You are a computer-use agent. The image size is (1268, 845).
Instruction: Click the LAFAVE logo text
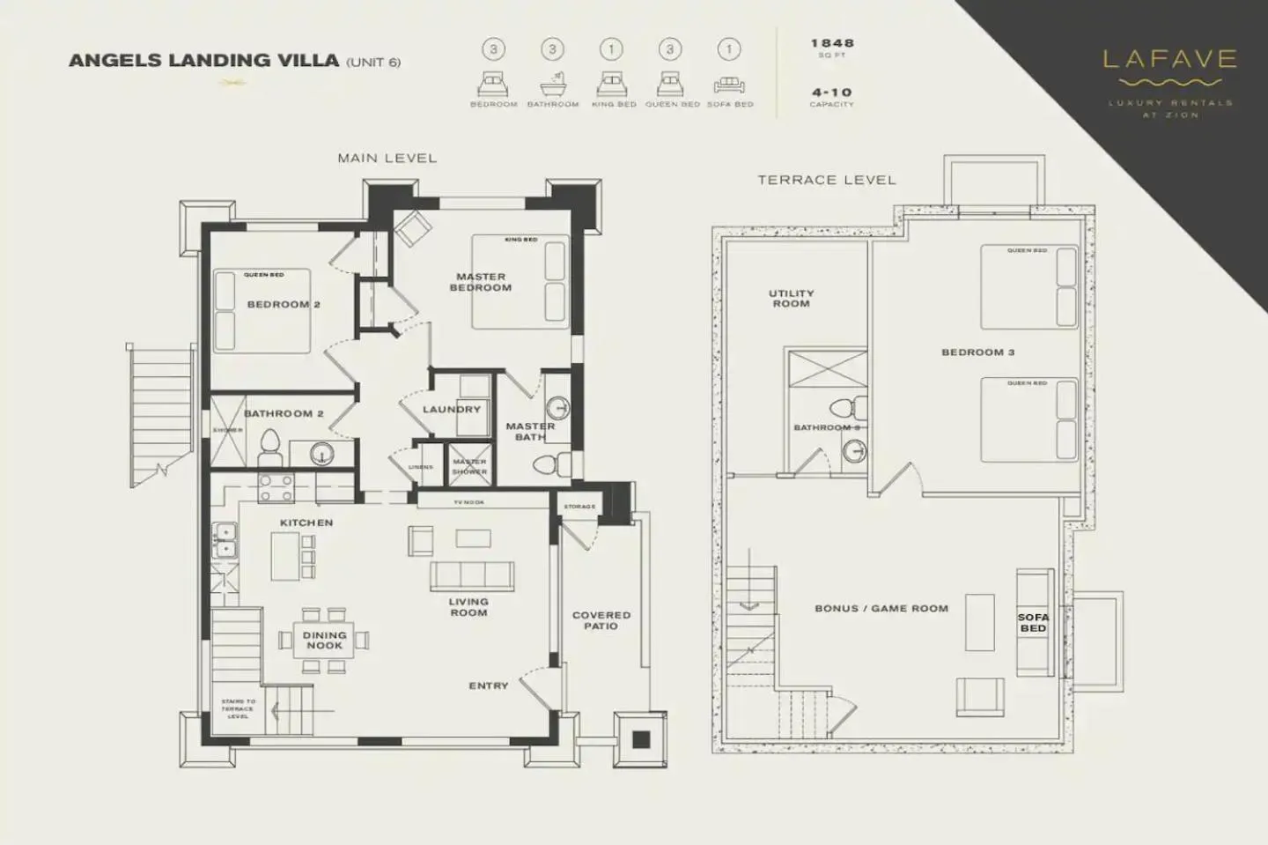pos(1169,60)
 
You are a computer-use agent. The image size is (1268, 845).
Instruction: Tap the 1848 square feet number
pos(831,43)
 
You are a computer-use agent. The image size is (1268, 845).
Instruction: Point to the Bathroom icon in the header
pos(552,85)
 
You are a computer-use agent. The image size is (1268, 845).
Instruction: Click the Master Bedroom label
pos(481,282)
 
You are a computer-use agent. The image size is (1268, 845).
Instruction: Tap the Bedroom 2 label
pos(284,305)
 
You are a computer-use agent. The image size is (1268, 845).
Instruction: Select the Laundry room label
pos(452,410)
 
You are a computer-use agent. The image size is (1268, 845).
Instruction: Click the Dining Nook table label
pos(324,641)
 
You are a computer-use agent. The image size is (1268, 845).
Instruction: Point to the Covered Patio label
pos(601,620)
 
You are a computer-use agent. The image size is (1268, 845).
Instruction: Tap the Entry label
pos(489,686)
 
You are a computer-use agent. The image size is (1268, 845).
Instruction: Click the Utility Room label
pos(791,299)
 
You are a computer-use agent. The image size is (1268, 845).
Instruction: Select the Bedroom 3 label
pos(977,352)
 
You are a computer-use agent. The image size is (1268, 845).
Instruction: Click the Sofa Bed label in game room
pos(1033,623)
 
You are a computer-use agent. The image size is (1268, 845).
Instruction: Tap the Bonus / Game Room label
pos(881,609)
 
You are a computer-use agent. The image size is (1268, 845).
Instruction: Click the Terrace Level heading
pos(826,180)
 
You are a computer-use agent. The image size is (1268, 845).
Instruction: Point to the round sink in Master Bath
pos(557,409)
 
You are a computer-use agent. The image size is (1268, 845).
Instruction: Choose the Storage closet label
pos(579,507)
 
